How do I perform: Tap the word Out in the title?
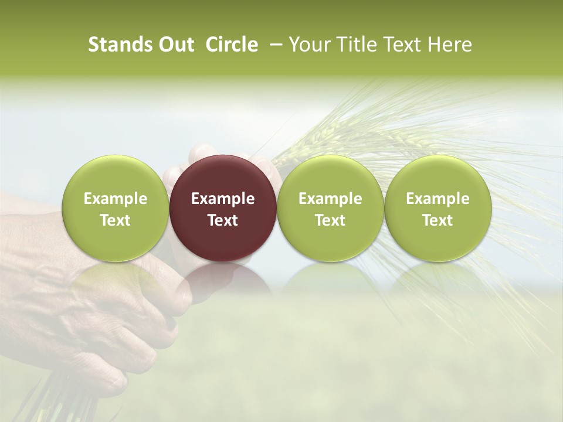coord(175,45)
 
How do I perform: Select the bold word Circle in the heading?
coord(232,45)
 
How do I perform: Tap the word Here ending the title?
coord(450,45)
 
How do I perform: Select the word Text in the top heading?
coord(402,45)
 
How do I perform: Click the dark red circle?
coord(223,208)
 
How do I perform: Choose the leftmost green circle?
coord(116,208)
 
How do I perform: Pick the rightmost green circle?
coord(437,208)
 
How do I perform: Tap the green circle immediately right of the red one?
coord(330,208)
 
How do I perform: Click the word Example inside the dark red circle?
coord(223,199)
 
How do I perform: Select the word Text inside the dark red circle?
coord(223,220)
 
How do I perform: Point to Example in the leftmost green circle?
coord(116,199)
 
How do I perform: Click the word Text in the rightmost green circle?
coord(437,220)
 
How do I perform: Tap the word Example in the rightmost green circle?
coord(437,199)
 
